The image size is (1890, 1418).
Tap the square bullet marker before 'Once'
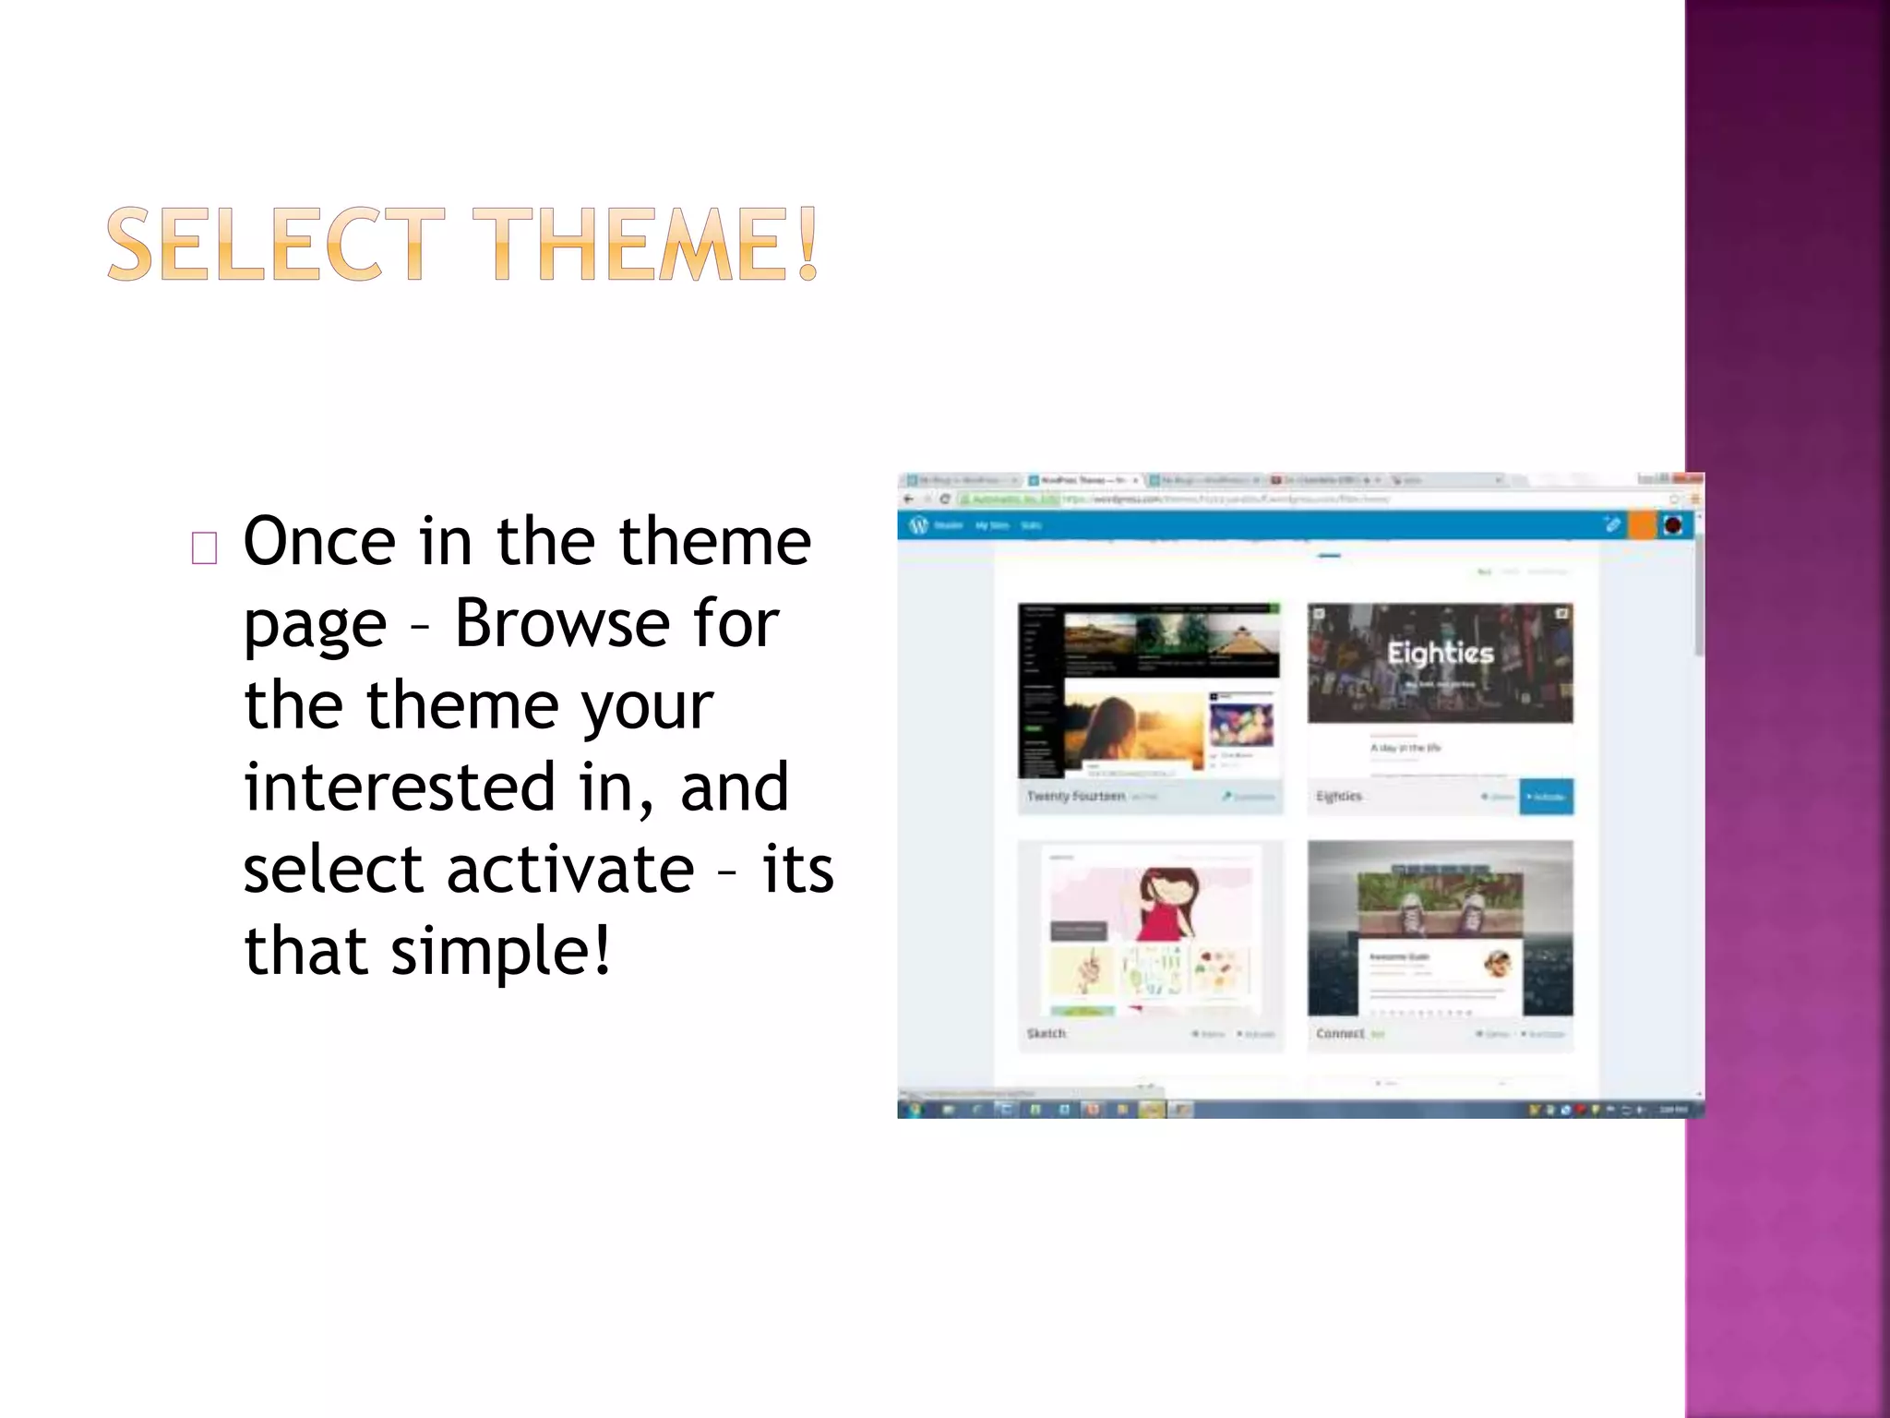tap(204, 548)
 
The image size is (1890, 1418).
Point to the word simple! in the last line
tap(500, 951)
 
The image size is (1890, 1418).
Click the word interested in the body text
tap(400, 787)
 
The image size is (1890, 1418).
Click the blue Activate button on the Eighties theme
tap(1546, 797)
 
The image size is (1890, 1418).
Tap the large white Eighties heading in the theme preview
tap(1440, 653)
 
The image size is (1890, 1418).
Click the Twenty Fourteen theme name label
tap(1075, 796)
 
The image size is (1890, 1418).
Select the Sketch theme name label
tap(1046, 1033)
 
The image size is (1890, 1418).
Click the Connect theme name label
tap(1340, 1033)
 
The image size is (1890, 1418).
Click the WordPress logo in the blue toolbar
tap(917, 525)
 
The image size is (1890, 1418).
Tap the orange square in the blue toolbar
tap(1642, 525)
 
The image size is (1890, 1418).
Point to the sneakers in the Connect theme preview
tap(1440, 914)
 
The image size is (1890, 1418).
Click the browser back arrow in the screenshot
tap(909, 499)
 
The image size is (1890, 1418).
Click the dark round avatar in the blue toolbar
tap(1673, 525)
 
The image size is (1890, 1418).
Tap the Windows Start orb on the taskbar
tap(915, 1110)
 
